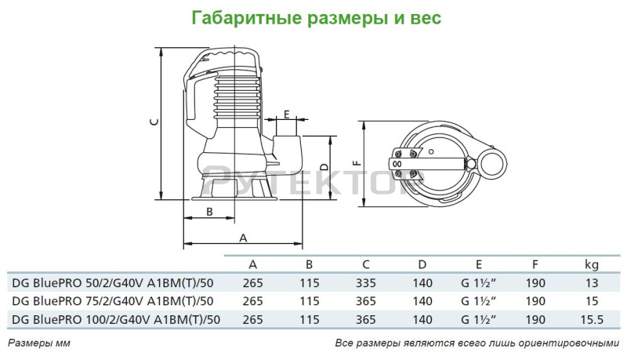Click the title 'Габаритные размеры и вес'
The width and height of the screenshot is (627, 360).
pyautogui.click(x=313, y=16)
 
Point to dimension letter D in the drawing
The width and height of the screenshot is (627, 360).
pyautogui.click(x=324, y=166)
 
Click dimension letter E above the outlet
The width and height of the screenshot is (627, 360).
pyautogui.click(x=287, y=115)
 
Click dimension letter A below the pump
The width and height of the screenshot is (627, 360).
pyautogui.click(x=243, y=237)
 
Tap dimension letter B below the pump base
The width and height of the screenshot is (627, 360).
pyautogui.click(x=209, y=212)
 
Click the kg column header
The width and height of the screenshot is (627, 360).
pyautogui.click(x=592, y=264)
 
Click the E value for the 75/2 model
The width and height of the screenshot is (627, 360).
pyautogui.click(x=478, y=300)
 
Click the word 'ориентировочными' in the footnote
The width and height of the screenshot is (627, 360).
pyautogui.click(x=562, y=344)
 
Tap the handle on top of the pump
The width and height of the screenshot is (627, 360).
pyautogui.click(x=228, y=56)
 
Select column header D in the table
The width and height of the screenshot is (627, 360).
pyautogui.click(x=422, y=264)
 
